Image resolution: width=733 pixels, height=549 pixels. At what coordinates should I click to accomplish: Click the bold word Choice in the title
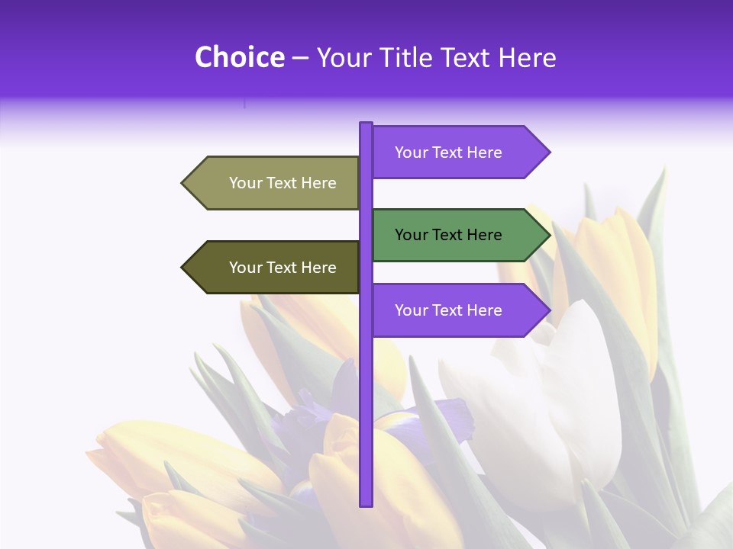pyautogui.click(x=239, y=58)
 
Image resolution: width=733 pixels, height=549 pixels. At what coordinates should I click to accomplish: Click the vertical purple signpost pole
pyautogui.click(x=366, y=381)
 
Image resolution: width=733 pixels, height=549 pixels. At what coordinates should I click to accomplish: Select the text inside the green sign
pyautogui.click(x=448, y=235)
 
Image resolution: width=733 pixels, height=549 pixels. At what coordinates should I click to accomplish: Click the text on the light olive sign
pyautogui.click(x=283, y=183)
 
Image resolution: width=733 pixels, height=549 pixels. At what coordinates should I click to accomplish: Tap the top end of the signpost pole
pyautogui.click(x=366, y=124)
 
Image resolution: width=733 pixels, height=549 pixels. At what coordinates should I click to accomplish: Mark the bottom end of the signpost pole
pyautogui.click(x=366, y=503)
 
